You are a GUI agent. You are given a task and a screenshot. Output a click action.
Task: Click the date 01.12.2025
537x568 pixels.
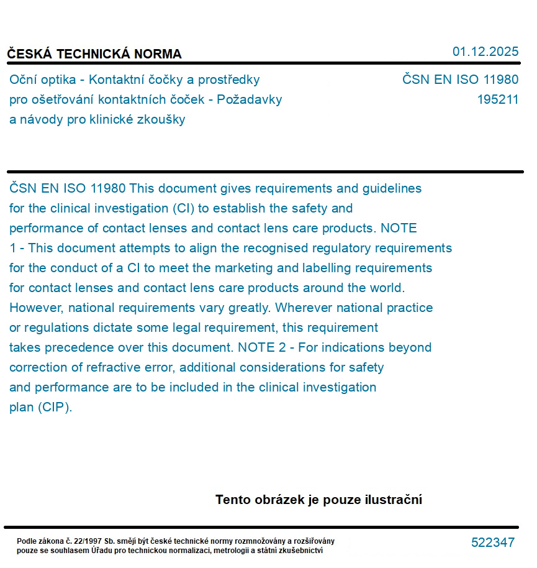(485, 52)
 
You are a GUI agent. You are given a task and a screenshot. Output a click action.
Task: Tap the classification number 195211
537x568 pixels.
(497, 99)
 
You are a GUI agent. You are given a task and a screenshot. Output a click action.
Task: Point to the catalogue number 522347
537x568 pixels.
(492, 543)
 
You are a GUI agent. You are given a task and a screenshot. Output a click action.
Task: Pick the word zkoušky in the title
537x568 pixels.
(162, 119)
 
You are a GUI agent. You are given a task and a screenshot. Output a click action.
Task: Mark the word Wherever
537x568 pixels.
(304, 308)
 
